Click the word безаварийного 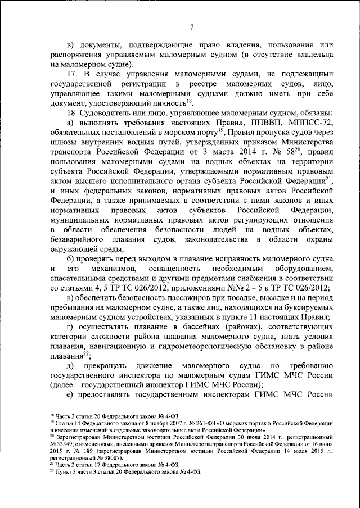coord(83,240)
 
